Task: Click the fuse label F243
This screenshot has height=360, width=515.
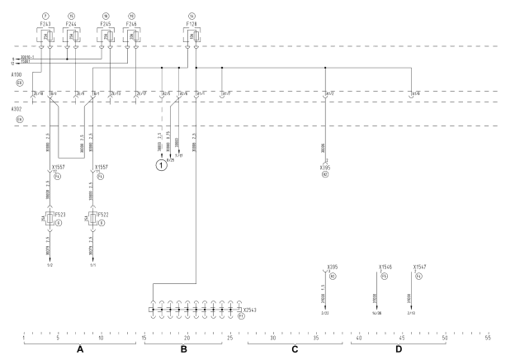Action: (46, 25)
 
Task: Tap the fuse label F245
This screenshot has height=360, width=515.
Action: (105, 25)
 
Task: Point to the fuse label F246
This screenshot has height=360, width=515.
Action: (130, 25)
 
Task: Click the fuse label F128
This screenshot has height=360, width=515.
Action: (192, 25)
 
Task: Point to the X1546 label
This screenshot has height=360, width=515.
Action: (385, 268)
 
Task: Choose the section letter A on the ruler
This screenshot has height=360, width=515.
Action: (81, 350)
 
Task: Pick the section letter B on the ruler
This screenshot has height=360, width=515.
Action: (184, 350)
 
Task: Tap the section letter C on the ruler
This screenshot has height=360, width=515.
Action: (295, 350)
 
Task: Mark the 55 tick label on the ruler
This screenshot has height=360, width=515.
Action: (488, 337)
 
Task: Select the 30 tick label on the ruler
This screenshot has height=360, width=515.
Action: (272, 337)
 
